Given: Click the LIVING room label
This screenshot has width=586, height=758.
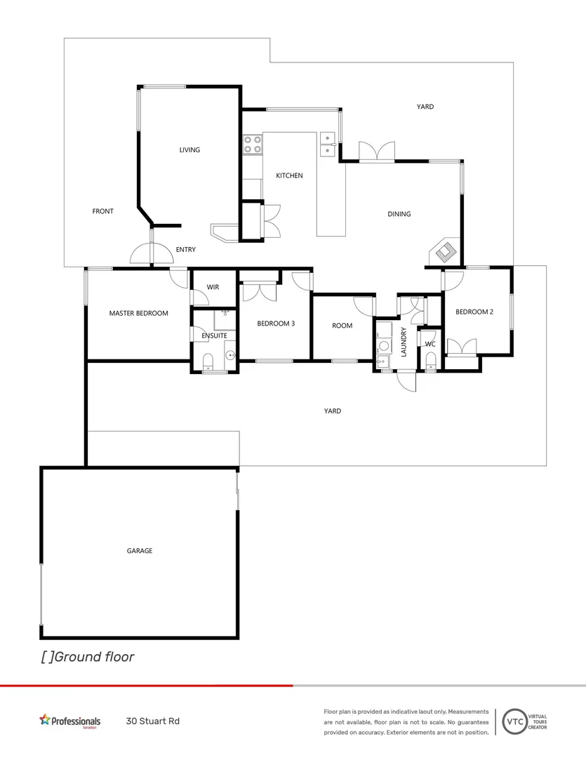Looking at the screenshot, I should click(189, 149).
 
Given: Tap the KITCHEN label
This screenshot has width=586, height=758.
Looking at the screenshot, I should click(289, 175).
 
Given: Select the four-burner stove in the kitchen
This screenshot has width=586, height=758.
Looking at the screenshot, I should click(253, 144).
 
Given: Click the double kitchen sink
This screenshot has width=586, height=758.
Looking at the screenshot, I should click(328, 144).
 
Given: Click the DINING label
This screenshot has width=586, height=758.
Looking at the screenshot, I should click(399, 214).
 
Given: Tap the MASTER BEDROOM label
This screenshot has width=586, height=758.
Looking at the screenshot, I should click(138, 313).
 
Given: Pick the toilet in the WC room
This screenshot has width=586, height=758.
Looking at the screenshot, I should click(431, 361).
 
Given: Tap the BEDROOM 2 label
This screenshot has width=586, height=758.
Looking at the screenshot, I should click(474, 312).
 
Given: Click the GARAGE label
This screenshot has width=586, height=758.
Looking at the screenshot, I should click(140, 551).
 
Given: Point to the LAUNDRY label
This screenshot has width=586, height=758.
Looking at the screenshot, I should click(404, 342).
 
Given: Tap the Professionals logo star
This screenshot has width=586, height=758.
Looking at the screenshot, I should click(46, 719).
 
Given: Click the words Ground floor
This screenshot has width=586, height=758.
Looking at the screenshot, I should click(93, 657).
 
